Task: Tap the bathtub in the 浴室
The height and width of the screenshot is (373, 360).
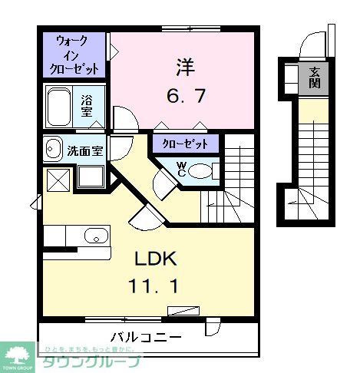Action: click(60, 107)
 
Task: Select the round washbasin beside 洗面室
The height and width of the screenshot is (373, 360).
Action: click(53, 148)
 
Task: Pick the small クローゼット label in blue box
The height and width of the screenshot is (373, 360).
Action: click(185, 143)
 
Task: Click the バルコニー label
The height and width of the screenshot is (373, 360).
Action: click(146, 336)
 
